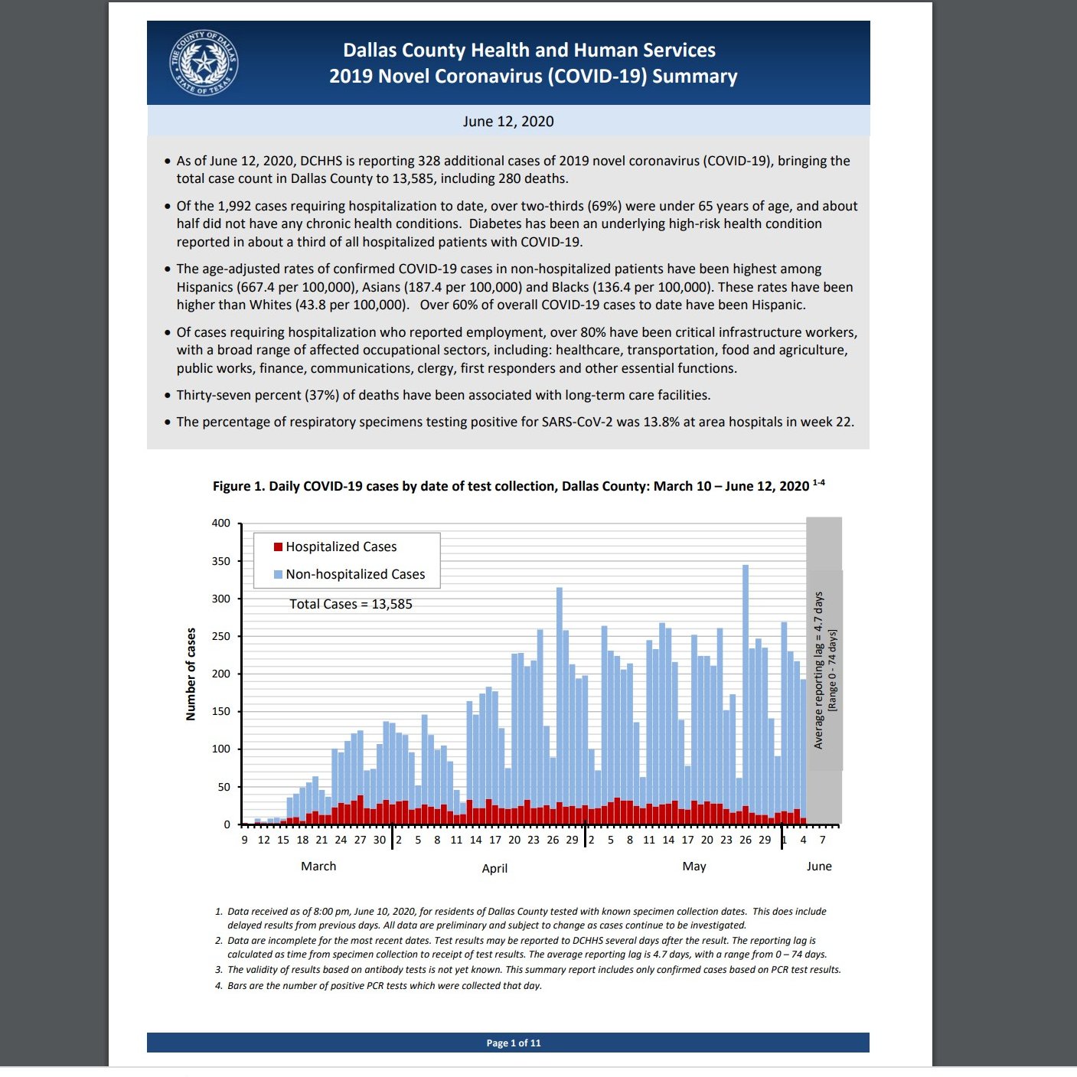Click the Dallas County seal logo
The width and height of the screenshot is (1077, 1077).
pos(204,64)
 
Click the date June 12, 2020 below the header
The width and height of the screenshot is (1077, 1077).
pos(507,122)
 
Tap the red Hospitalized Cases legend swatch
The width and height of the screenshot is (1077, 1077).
pos(279,547)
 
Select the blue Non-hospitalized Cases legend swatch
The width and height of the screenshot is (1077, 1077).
pos(279,574)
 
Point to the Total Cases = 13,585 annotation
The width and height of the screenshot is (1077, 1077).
pos(351,604)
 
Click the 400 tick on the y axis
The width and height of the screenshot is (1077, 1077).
pos(220,524)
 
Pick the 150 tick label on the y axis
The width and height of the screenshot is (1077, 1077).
pos(220,712)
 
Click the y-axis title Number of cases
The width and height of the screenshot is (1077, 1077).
pos(191,674)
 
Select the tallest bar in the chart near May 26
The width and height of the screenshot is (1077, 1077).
pos(746,689)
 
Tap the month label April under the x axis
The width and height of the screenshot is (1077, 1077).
pos(494,868)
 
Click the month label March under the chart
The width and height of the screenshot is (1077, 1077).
pos(318,866)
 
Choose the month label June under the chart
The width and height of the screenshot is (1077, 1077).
pos(819,866)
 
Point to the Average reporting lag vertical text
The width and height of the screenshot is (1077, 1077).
pos(818,670)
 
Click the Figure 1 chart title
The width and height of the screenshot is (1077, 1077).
pos(511,486)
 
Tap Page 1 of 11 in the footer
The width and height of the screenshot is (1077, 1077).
pos(514,1043)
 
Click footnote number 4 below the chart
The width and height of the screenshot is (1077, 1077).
pos(219,986)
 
